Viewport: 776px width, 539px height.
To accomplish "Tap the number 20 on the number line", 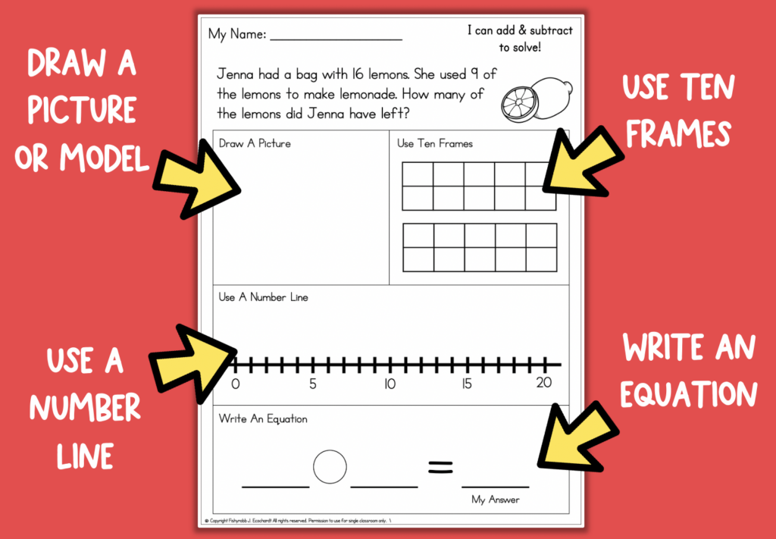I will [x=543, y=384].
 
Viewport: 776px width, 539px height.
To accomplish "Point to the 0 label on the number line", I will [x=235, y=384].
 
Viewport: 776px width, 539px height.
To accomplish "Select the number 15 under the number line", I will [x=467, y=384].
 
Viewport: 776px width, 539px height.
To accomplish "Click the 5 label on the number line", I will [x=312, y=384].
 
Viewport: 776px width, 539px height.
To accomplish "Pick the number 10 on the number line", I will [x=389, y=384].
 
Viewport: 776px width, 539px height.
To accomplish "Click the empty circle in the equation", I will [x=330, y=466].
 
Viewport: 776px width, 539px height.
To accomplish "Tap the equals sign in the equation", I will [x=440, y=468].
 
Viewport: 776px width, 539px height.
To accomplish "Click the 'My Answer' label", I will [x=496, y=500].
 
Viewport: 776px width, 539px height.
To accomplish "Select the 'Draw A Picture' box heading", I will [x=255, y=143].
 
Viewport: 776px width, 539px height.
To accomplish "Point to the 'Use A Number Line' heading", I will [x=263, y=297].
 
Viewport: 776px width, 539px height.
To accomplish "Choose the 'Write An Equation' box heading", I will [x=263, y=418].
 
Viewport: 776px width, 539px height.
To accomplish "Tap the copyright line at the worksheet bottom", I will [x=299, y=522].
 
